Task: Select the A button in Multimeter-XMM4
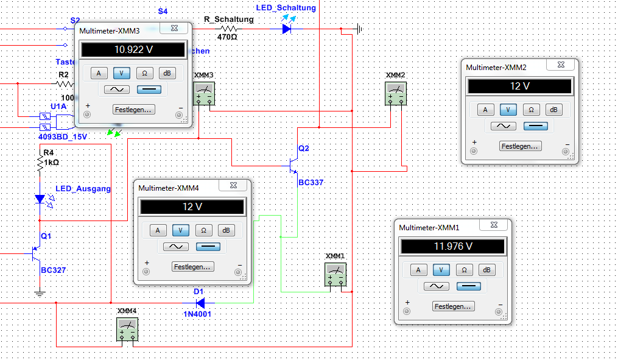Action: [x=158, y=230]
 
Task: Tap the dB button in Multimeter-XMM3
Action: [x=166, y=73]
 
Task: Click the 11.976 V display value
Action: [x=452, y=247]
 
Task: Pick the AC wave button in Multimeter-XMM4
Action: [x=177, y=247]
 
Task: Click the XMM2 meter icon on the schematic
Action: [x=396, y=95]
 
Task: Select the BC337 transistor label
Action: [x=311, y=182]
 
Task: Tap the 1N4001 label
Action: [x=198, y=314]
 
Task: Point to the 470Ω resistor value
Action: [x=227, y=37]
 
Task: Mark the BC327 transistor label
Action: [x=53, y=270]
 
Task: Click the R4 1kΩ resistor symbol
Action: [x=40, y=163]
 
